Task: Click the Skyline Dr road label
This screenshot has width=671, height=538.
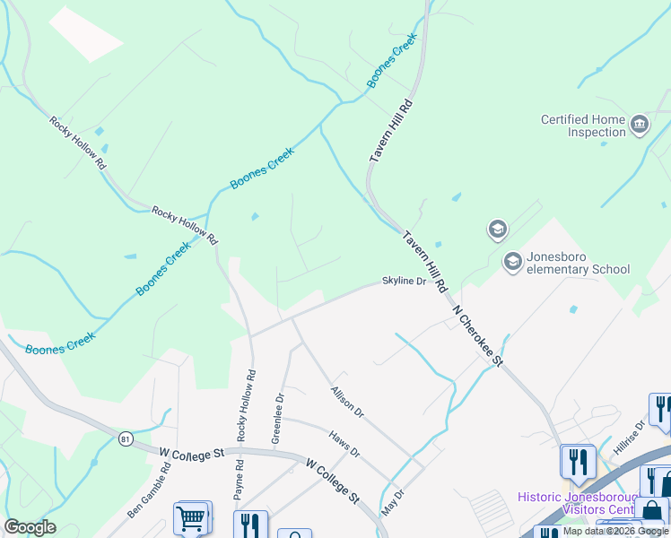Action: [x=404, y=281]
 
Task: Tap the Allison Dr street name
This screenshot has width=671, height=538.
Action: [x=346, y=401]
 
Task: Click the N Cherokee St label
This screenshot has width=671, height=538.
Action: [x=478, y=336]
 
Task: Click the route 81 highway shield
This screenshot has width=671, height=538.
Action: [x=125, y=438]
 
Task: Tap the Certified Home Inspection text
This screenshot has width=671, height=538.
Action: [x=584, y=126]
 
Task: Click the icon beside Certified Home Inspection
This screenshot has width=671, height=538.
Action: [x=640, y=124]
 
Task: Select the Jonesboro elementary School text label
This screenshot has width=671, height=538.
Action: [x=578, y=263]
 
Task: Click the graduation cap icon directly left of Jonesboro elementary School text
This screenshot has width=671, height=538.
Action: [x=513, y=262]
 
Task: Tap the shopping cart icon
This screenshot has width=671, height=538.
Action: [x=192, y=518]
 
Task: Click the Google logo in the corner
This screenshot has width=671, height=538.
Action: [x=30, y=527]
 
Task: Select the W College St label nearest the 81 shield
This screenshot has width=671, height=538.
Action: [x=191, y=455]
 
